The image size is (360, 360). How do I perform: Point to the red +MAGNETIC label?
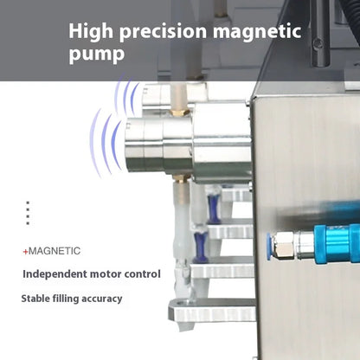pyautogui.click(x=52, y=251)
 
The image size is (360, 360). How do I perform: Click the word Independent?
pyautogui.click(x=57, y=274)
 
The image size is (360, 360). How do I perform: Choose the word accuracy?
pyautogui.click(x=104, y=299)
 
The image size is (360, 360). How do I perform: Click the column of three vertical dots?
pyautogui.click(x=28, y=213)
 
